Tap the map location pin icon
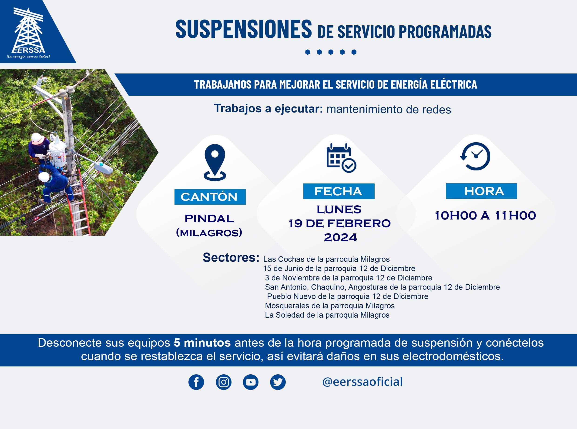[x=215, y=162]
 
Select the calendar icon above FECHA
[x=341, y=158]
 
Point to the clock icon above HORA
[x=475, y=156]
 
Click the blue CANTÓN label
[x=210, y=197]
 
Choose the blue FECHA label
[x=339, y=191]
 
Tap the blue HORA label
[x=481, y=191]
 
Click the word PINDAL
[x=209, y=218]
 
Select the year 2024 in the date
[x=340, y=237]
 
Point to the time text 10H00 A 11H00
[x=485, y=216]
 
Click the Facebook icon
[x=196, y=382]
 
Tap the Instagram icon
[x=223, y=382]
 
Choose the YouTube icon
[x=250, y=382]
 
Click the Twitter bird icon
[x=278, y=382]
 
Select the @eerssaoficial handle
[x=362, y=382]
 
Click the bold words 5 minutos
[x=202, y=343]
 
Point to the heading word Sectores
[x=231, y=257]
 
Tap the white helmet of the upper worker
[x=37, y=138]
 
